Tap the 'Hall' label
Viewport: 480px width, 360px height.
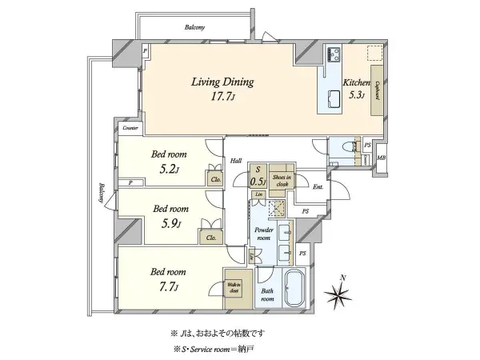(x=237, y=160)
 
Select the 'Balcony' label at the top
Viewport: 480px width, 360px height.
(x=193, y=28)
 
